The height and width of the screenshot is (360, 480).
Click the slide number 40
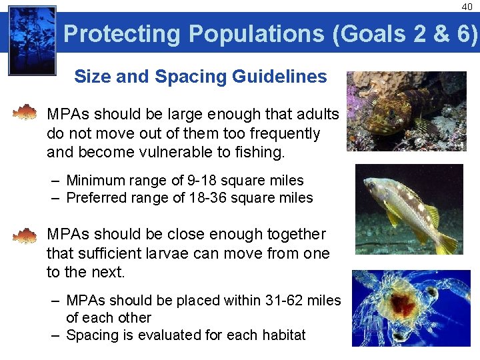pyautogui.click(x=466, y=7)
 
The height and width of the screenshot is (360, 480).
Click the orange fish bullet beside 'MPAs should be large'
pyautogui.click(x=25, y=112)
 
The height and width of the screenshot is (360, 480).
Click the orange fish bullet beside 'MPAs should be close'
pyautogui.click(x=25, y=235)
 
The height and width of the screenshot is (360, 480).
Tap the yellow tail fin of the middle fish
pyautogui.click(x=447, y=241)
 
